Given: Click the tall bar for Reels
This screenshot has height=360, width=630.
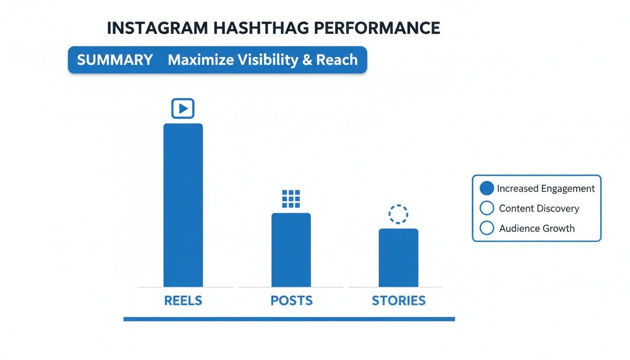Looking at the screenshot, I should (183, 205).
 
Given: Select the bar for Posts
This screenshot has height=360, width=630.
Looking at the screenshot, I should (291, 250).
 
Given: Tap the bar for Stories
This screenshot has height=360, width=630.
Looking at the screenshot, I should (398, 257).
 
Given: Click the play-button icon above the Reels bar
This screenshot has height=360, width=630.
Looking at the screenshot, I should (183, 108).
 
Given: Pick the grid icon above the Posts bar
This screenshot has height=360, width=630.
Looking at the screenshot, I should (291, 199).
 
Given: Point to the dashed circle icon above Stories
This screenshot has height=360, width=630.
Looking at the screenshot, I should (398, 214).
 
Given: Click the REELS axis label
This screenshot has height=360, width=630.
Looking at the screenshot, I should (183, 300).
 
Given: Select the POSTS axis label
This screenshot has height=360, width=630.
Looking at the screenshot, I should (291, 300).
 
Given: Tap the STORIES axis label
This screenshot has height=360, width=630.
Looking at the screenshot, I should (398, 300).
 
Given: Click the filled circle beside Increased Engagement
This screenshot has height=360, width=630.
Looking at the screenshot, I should (487, 188).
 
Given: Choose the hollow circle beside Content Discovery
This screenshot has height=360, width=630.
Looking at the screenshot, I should (487, 208).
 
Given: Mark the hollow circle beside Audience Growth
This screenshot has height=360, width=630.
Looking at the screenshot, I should (487, 228).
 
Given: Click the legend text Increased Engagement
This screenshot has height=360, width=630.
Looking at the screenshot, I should (546, 188).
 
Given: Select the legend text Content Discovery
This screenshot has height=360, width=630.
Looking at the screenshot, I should (539, 209).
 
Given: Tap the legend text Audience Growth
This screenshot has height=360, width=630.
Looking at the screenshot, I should (537, 229).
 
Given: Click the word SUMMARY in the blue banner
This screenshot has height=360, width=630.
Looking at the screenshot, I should (115, 60).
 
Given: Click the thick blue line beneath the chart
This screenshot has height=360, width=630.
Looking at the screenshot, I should (289, 319).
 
